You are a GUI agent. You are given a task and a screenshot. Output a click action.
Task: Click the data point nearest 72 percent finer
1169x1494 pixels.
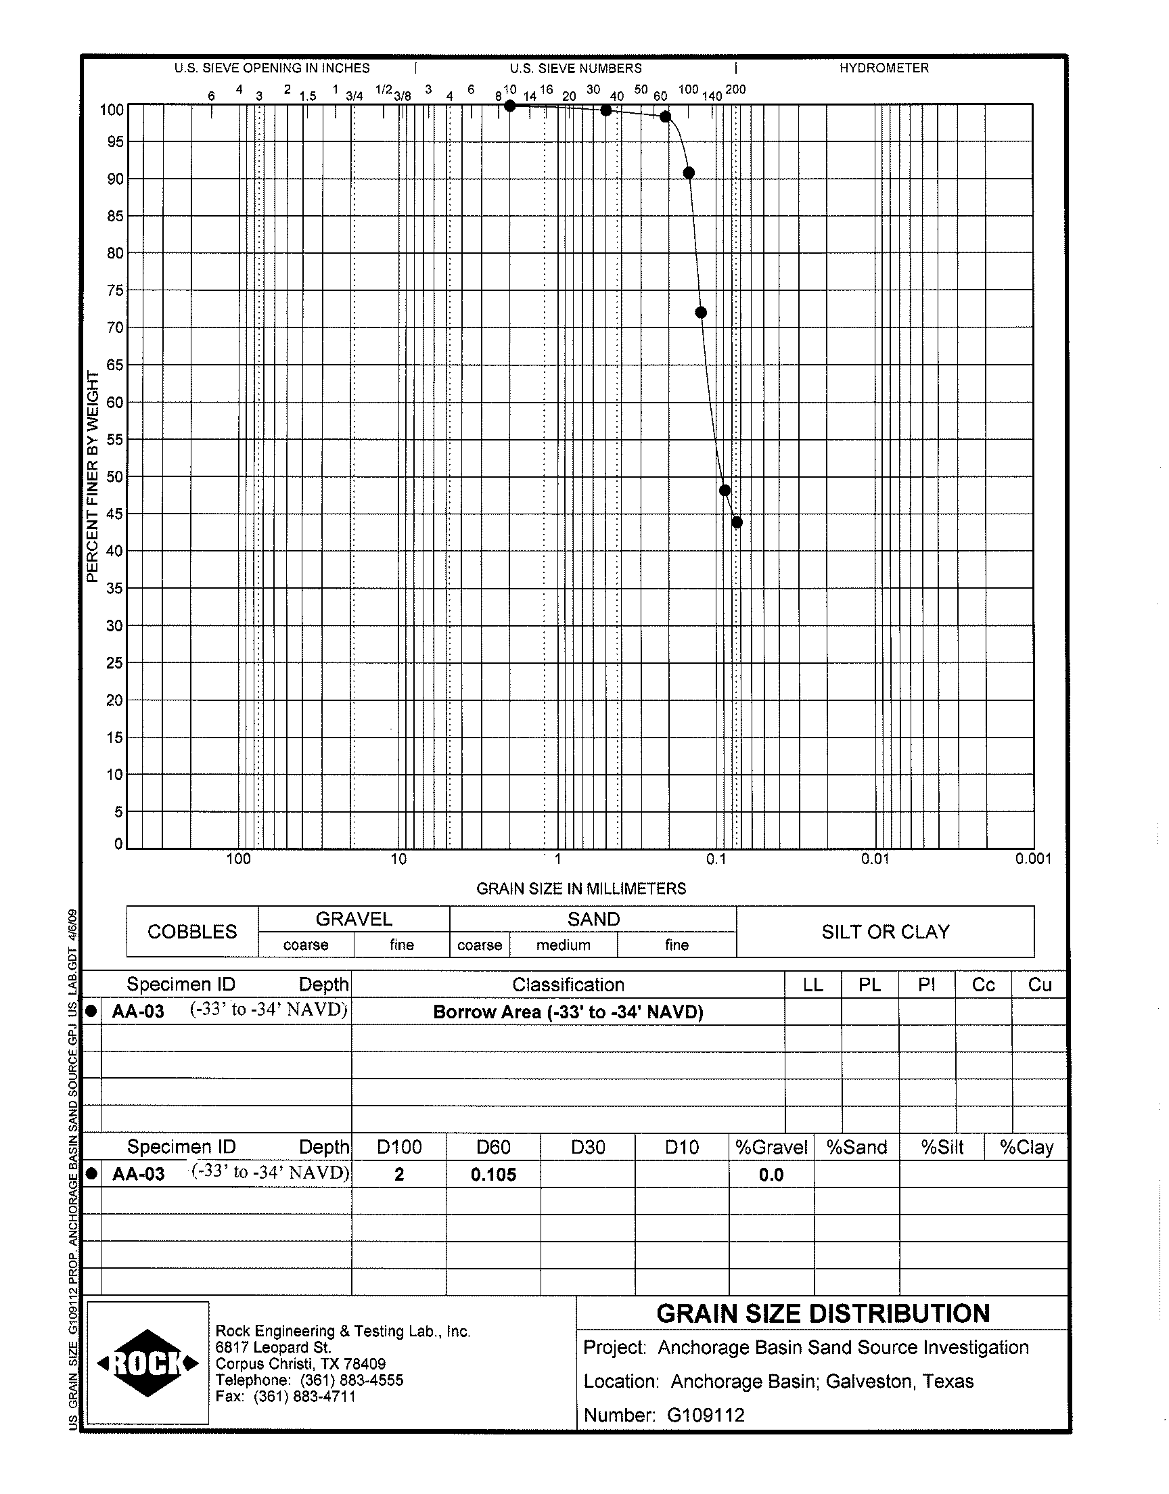[x=700, y=313]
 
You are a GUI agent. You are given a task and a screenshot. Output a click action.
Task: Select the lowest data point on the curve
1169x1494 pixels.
[x=737, y=522]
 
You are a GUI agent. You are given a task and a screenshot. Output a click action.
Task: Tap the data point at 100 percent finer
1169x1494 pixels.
[x=510, y=106]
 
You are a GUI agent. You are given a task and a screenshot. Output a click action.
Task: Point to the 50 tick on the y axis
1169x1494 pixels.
[x=114, y=476]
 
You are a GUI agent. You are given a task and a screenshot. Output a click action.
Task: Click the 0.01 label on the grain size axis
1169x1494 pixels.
[x=875, y=859]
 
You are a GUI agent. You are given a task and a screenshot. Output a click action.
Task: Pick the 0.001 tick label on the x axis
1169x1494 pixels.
[x=1033, y=859]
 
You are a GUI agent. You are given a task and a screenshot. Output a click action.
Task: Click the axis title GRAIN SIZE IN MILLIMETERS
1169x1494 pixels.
[x=581, y=888]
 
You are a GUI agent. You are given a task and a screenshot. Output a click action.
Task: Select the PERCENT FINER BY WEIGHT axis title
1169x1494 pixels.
[x=93, y=476]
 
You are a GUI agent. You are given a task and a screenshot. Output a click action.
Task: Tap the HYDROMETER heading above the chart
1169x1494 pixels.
[x=884, y=68]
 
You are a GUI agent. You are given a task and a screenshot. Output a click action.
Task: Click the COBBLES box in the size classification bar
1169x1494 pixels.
[x=192, y=932]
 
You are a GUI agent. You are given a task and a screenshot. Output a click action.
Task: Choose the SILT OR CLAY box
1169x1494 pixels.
[x=885, y=932]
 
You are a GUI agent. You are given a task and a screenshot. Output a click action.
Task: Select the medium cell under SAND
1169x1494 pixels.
[x=564, y=945]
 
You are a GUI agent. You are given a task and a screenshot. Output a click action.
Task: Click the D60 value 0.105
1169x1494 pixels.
[x=492, y=1175]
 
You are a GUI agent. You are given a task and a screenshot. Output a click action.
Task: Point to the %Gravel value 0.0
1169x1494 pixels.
[x=771, y=1175]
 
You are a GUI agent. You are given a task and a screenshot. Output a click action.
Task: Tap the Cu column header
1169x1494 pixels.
[x=1039, y=984]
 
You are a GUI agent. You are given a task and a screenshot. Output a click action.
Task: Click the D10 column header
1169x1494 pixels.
[x=682, y=1147]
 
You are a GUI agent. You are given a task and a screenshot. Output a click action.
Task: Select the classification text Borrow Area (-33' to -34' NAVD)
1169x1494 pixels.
[x=568, y=1012]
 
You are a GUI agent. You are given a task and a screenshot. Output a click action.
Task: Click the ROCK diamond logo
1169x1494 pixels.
[x=148, y=1363]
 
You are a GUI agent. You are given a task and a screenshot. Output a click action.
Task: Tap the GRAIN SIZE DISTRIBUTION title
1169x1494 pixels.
[x=823, y=1313]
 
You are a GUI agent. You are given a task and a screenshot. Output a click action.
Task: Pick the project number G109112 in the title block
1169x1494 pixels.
[x=705, y=1415]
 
